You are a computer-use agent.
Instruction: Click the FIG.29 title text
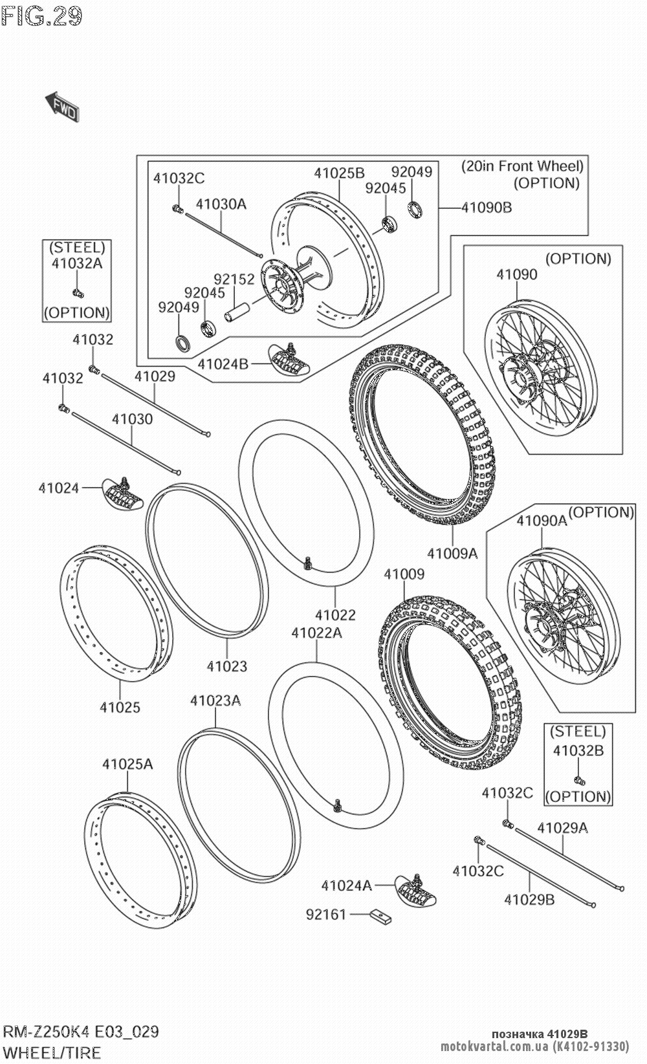[42, 16]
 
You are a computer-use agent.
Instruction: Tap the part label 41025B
[339, 173]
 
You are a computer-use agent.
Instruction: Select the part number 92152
[234, 279]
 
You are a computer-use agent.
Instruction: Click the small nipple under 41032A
[78, 292]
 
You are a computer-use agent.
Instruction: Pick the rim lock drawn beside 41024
[124, 492]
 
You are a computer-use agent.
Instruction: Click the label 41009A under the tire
[452, 553]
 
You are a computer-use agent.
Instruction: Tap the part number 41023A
[215, 700]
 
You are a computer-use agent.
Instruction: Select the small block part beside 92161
[380, 916]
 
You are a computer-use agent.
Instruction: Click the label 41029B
[529, 899]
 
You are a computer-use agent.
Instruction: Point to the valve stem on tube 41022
[309, 563]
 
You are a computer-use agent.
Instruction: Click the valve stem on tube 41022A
[337, 805]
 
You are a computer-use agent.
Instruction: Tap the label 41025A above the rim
[127, 764]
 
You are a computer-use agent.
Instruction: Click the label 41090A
[542, 520]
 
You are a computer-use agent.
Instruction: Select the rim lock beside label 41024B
[289, 359]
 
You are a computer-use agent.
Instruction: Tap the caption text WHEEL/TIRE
[52, 1052]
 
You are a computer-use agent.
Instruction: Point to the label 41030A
[221, 204]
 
